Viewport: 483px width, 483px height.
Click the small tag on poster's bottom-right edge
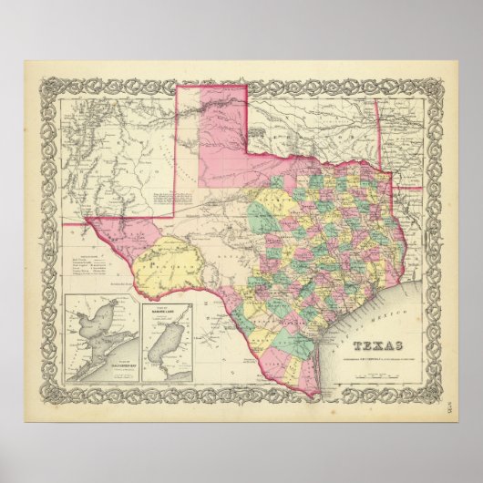coord(453,413)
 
